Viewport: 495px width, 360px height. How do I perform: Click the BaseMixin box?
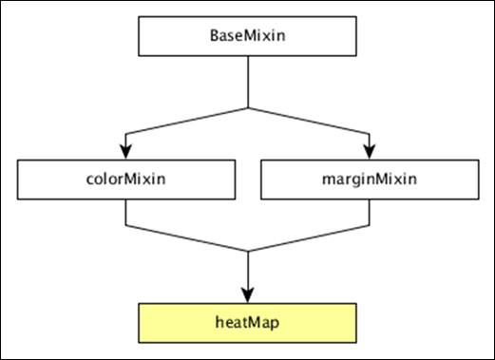click(x=247, y=35)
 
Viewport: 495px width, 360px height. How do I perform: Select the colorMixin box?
click(x=126, y=179)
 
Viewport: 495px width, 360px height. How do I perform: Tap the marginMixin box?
click(x=368, y=179)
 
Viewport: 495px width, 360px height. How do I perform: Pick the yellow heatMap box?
click(x=247, y=323)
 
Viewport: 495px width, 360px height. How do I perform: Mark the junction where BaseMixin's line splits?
click(x=247, y=106)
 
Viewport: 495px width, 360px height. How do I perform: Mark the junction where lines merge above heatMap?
click(x=247, y=251)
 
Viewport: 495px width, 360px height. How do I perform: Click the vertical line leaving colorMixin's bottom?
click(x=126, y=214)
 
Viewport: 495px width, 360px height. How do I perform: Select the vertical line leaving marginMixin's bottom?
click(x=369, y=214)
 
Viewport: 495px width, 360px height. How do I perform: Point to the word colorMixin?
click(x=126, y=179)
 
